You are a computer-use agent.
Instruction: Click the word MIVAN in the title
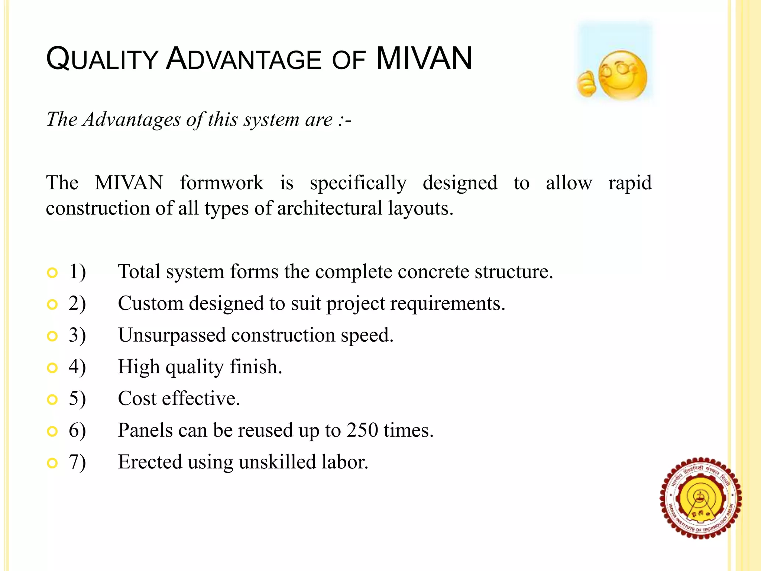[x=424, y=58]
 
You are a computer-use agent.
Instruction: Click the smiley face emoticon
[x=624, y=75]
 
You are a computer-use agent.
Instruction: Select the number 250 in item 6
[x=363, y=430]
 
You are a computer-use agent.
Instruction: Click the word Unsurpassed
[x=172, y=335]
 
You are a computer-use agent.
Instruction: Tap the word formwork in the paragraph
[x=221, y=183]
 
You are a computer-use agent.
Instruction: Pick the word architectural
[x=330, y=208]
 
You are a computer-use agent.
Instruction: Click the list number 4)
[x=77, y=367]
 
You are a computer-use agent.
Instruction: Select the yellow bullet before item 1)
[x=52, y=273]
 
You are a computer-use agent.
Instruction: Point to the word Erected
[x=150, y=462]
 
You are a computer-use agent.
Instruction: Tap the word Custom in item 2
[x=150, y=303]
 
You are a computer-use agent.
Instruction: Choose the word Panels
[x=145, y=430]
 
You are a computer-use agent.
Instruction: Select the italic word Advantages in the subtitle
[x=132, y=120]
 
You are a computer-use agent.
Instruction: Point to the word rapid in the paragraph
[x=630, y=183]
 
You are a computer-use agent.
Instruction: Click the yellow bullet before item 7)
[x=52, y=463]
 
